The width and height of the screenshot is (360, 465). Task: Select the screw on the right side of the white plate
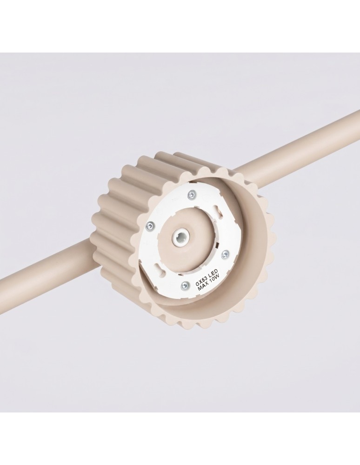pyautogui.click(x=226, y=253)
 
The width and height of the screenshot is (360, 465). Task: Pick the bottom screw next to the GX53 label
pyautogui.click(x=184, y=286)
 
